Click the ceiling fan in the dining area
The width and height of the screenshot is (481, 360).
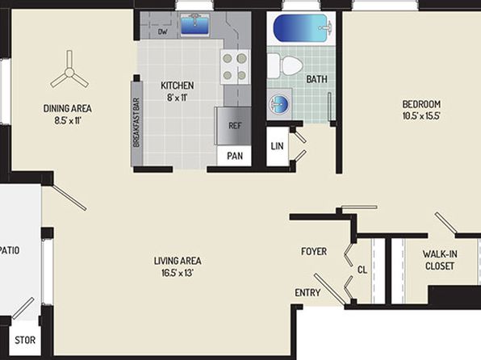point(69,73)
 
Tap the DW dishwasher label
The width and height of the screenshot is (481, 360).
point(162,31)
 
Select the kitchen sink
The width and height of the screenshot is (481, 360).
point(194,24)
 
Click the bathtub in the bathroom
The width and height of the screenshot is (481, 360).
point(302,28)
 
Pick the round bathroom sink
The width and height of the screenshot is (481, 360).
point(279,104)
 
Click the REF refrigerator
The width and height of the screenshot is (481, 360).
point(234,126)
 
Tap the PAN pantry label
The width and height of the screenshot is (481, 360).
point(235,156)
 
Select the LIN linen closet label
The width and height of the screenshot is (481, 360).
point(277,146)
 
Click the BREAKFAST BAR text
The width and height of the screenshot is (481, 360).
point(137,123)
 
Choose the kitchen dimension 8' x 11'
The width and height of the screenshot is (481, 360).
point(177,98)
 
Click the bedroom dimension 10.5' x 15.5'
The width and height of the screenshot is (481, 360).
point(421,116)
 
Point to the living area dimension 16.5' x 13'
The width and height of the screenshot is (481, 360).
point(178,273)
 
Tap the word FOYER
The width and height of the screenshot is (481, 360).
point(314,252)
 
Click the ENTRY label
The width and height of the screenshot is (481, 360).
point(307,293)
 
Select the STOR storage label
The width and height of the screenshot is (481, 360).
point(25,340)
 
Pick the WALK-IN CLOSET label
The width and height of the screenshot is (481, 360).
point(440,260)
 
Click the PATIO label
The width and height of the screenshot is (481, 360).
point(10,250)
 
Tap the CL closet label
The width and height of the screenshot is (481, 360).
point(362,270)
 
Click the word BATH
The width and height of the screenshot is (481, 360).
point(316,79)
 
